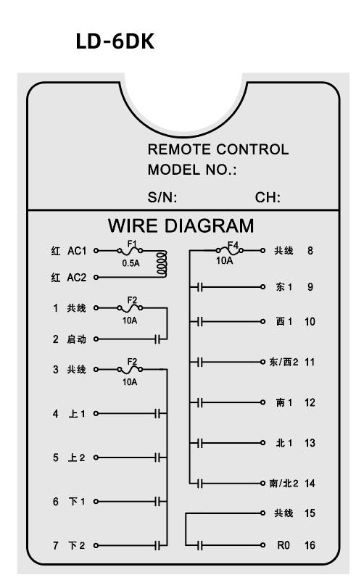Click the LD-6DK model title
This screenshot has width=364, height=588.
115,41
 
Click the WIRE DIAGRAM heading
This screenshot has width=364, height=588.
181,225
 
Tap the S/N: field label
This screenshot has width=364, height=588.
162,197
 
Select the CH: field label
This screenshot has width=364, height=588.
268,197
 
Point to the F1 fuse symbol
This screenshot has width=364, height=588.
130,250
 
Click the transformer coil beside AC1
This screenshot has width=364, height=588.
162,264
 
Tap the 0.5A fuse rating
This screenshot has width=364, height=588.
131,263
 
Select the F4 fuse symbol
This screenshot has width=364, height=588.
230,249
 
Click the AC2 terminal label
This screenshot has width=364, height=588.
76,278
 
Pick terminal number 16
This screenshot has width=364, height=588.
310,545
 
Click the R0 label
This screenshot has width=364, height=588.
284,545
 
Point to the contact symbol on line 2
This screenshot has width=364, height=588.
158,339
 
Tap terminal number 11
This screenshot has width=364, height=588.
310,362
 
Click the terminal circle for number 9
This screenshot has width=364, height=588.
262,287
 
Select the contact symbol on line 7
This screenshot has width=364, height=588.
158,546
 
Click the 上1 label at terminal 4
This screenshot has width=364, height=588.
77,413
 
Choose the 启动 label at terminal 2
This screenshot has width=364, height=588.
76,339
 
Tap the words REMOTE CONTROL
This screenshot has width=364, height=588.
218,149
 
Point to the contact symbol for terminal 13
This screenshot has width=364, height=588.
200,443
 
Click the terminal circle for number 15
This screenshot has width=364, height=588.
262,513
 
